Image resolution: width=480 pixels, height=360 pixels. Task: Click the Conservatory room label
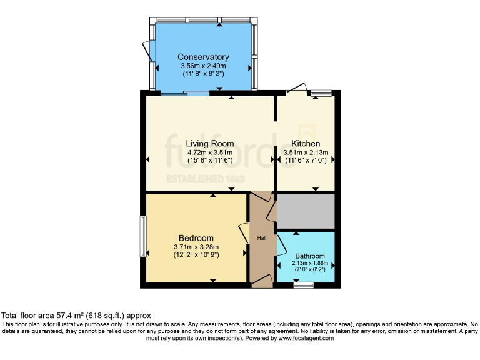(x=202, y=57)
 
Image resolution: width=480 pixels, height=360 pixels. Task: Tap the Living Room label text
(x=210, y=143)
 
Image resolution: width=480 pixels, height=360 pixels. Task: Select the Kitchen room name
(x=306, y=143)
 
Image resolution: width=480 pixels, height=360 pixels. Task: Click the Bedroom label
(x=196, y=238)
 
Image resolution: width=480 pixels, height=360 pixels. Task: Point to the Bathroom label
(x=310, y=256)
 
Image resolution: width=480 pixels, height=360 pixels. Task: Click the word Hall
(x=262, y=239)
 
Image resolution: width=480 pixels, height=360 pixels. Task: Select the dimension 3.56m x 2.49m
(x=202, y=66)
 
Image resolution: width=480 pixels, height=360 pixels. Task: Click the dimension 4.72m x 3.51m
(x=210, y=152)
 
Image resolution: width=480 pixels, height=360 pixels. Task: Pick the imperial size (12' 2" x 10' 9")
(x=196, y=255)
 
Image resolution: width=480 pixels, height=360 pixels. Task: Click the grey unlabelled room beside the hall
(x=306, y=211)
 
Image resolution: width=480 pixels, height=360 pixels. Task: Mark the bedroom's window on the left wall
(x=142, y=236)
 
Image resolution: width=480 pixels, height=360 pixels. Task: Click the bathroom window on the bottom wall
(x=304, y=285)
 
